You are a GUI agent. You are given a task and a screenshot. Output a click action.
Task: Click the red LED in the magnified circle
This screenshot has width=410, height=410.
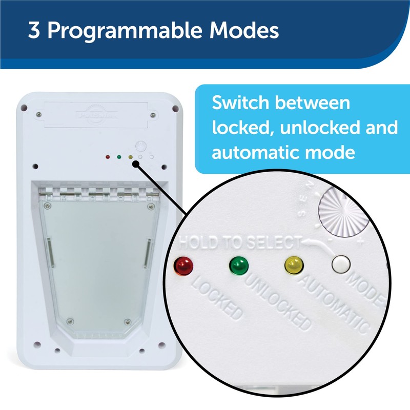tap(182, 265)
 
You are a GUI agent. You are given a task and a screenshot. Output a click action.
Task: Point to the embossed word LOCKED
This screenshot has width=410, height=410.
tap(215, 298)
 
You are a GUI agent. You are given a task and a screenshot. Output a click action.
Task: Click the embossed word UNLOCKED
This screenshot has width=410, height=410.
tap(277, 300)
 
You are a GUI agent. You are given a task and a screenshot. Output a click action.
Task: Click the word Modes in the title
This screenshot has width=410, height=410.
tap(248, 31)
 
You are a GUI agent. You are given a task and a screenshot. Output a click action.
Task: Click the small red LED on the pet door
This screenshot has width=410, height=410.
tap(107, 157)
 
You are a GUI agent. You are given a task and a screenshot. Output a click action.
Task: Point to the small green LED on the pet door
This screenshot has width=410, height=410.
tap(118, 157)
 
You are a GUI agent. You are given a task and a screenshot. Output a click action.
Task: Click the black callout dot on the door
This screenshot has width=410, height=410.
tap(135, 163)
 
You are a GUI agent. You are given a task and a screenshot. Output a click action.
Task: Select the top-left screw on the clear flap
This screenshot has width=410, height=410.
tap(47, 206)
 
